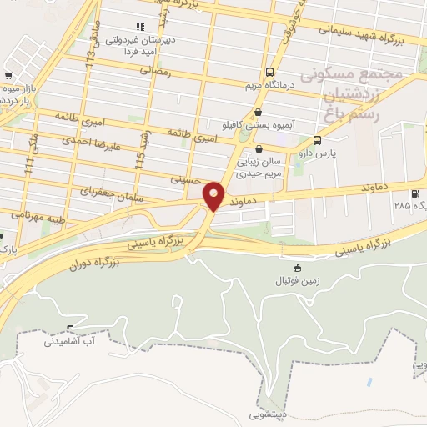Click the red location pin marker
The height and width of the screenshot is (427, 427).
pos(213,195)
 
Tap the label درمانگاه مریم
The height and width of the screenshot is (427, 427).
pos(269,85)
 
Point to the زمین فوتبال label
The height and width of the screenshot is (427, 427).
pos(299,281)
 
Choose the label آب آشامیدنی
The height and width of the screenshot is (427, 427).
pos(70,341)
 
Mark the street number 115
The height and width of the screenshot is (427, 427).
pos(142,155)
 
